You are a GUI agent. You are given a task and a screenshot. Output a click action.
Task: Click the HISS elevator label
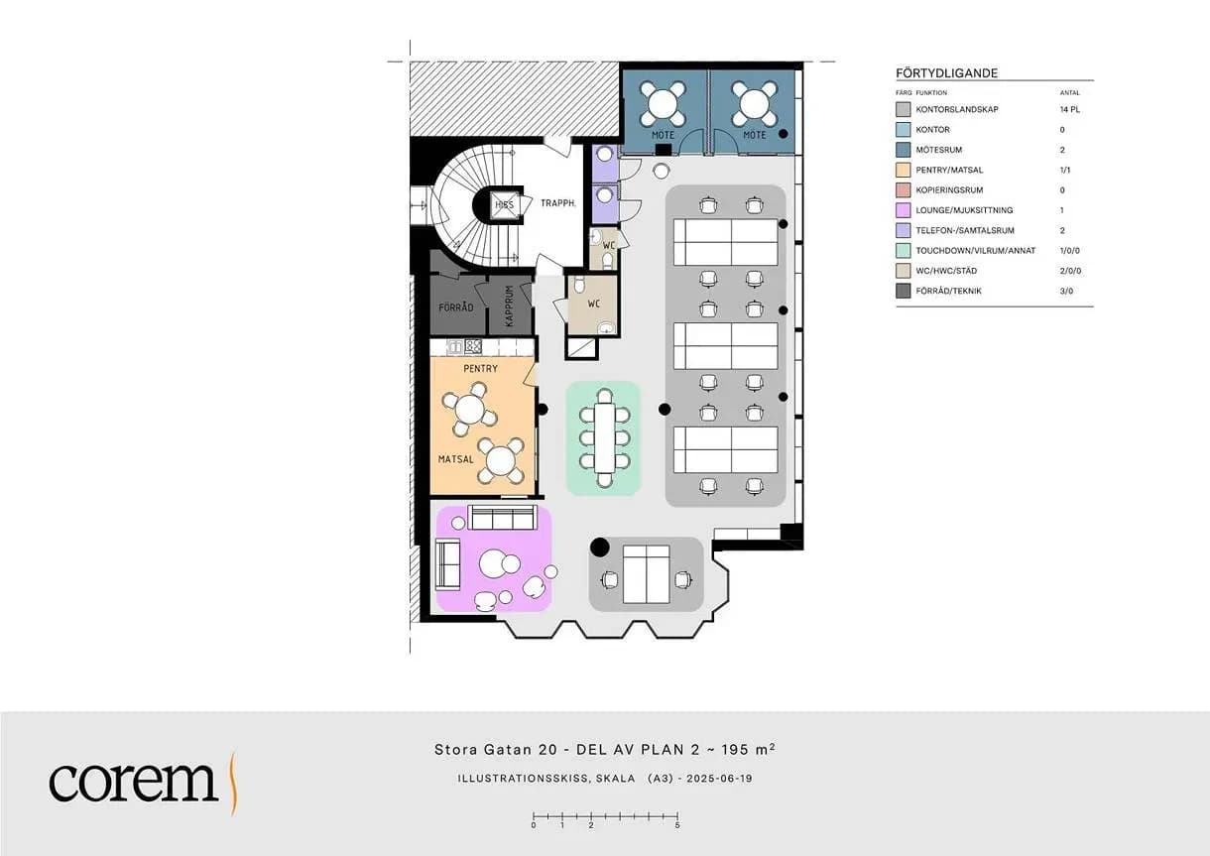click(505, 204)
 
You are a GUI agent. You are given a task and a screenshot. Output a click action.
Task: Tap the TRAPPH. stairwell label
click(558, 203)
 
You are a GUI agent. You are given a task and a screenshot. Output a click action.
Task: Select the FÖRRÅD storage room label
click(456, 307)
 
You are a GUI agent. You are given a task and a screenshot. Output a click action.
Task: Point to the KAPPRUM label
click(509, 306)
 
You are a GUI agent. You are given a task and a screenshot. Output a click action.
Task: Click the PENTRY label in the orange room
click(480, 368)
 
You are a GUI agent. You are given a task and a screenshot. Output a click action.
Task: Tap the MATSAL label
click(455, 459)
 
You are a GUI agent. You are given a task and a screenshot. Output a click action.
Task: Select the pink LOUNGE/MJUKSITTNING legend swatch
click(903, 210)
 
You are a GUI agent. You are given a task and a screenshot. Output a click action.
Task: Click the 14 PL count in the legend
click(1069, 110)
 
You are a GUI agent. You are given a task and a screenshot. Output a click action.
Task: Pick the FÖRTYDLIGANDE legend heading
click(946, 73)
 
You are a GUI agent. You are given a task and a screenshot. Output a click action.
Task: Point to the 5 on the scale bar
click(676, 825)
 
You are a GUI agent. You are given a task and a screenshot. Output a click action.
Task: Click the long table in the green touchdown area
click(604, 438)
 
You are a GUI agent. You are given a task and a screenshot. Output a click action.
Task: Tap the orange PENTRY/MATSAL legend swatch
click(903, 170)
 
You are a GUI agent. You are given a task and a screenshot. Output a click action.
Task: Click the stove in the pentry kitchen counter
click(473, 346)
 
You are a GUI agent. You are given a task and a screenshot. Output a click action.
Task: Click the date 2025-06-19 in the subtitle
click(719, 779)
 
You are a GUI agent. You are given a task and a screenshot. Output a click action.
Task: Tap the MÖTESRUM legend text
click(939, 150)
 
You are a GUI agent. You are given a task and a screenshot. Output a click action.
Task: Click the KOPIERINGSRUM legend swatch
click(903, 190)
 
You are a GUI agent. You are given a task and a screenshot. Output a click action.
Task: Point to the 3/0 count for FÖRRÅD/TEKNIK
click(1066, 291)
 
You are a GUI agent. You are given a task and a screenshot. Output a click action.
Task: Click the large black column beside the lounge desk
click(599, 548)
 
